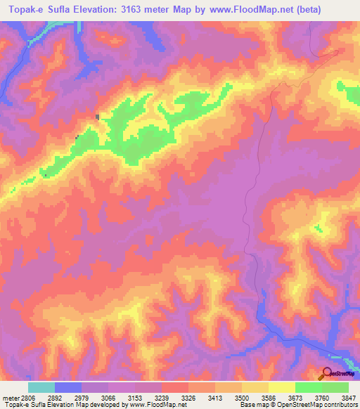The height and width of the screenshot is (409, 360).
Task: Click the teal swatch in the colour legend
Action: (x=41, y=387)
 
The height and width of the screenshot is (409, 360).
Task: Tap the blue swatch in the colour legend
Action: (x=67, y=387)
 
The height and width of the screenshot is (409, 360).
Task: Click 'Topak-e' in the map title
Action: (x=27, y=8)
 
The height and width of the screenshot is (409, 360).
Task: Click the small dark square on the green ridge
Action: (x=98, y=117)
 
